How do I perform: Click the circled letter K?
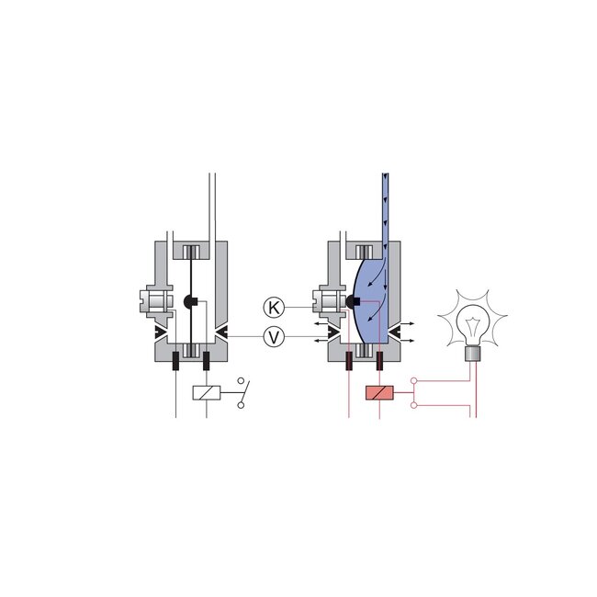pyautogui.click(x=273, y=306)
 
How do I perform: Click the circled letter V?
pyautogui.click(x=273, y=337)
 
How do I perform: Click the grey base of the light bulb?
pyautogui.click(x=474, y=355)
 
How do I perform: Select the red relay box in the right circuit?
pyautogui.click(x=379, y=394)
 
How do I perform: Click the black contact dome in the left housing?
pyautogui.click(x=190, y=302)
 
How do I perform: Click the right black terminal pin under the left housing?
pyautogui.click(x=206, y=359)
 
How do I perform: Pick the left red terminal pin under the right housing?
pyautogui.click(x=350, y=359)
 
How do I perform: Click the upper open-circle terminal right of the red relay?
pyautogui.click(x=414, y=380)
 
